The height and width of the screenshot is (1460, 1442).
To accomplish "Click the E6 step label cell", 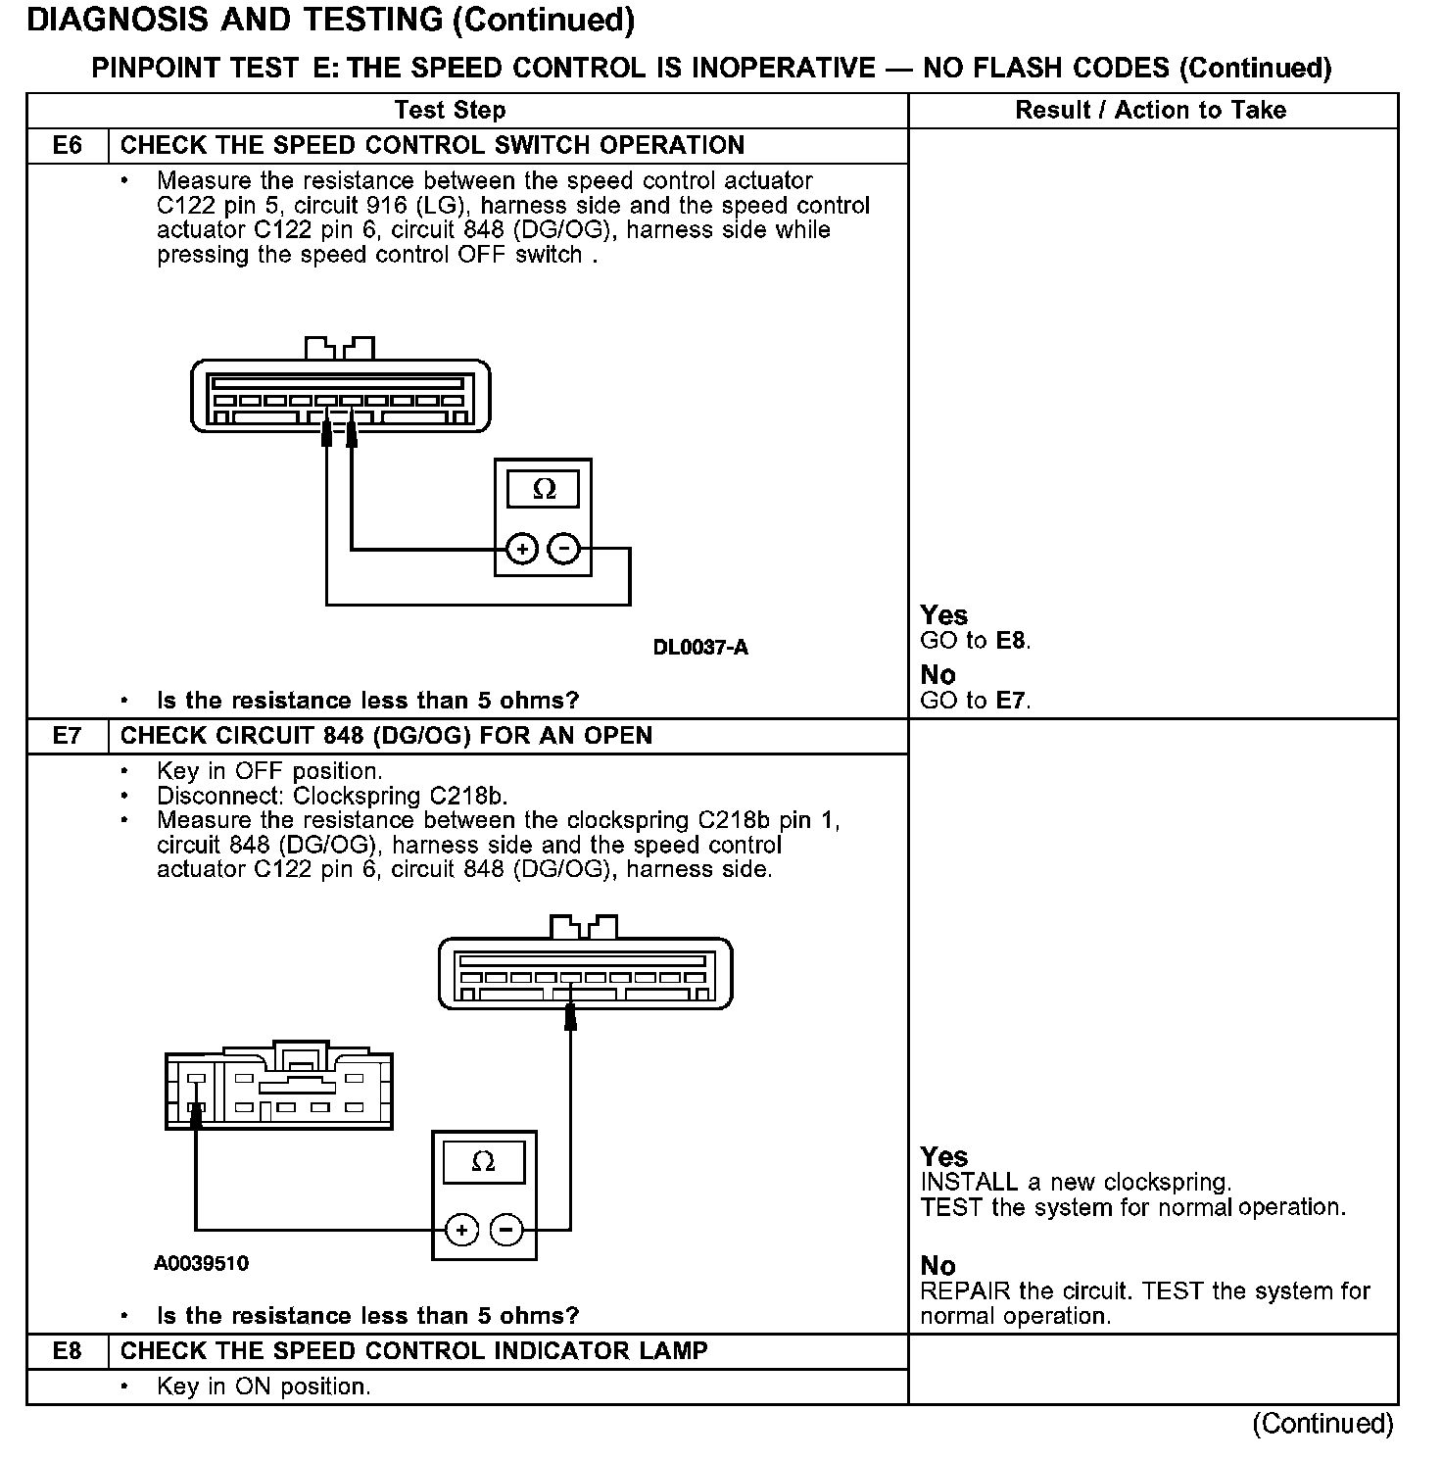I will coord(67,146).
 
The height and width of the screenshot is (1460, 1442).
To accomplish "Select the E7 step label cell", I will coord(67,736).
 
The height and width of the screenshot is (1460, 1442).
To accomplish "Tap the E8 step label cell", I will coord(67,1351).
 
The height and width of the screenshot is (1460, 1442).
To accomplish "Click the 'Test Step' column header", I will coord(450,111).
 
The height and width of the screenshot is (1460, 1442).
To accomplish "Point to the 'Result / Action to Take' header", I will coord(1151,111).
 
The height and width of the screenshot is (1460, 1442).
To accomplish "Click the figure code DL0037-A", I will coord(700,648).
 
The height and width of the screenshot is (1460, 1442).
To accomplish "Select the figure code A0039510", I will coord(201,1263).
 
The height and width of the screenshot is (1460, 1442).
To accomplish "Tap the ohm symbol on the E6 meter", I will coord(544,489).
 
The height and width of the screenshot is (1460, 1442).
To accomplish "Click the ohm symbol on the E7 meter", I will coord(484,1162).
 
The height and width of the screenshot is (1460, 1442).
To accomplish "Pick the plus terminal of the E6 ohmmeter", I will coord(522,549).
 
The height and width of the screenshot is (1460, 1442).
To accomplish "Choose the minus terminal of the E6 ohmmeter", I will coord(563,549).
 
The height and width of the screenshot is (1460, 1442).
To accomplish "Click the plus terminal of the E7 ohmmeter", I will coord(462,1229).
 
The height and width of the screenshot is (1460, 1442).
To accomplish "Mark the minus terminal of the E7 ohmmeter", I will coord(505,1229).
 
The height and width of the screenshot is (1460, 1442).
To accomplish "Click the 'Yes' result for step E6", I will coord(944,615).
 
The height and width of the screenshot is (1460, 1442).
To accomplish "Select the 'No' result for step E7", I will coord(937,1266).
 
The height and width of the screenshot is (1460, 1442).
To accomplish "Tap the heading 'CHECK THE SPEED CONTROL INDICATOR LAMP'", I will coord(413,1351).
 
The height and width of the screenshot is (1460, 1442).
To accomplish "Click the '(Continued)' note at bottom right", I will coord(1322,1424).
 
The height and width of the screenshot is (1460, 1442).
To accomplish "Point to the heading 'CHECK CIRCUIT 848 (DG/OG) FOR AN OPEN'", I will coord(386,736).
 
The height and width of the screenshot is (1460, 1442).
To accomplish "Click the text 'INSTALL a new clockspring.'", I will coord(1076,1183).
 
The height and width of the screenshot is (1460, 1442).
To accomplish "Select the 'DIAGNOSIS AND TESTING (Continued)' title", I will coord(330,20).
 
